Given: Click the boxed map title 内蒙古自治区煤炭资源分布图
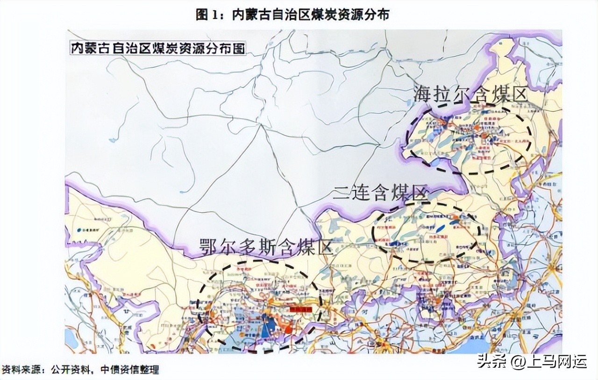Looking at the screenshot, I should coord(158,48).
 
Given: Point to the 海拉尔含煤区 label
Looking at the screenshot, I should coord(470,95).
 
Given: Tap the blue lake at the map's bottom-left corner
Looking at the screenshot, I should coord(71,338).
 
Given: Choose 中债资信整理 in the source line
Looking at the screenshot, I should coord(131,370).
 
